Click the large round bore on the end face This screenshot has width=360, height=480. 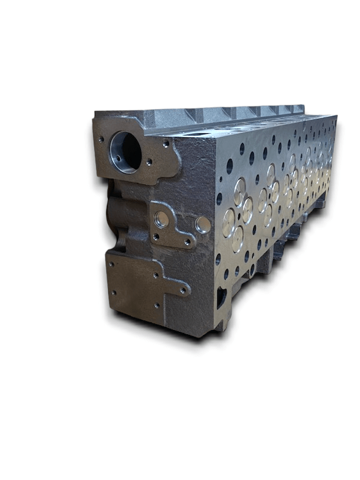pyautogui.click(x=127, y=152)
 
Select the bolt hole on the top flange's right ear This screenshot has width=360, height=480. pyautogui.click(x=166, y=144)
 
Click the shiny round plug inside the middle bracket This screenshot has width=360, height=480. pyautogui.click(x=161, y=220)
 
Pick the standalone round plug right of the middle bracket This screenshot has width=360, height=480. pyautogui.click(x=203, y=225)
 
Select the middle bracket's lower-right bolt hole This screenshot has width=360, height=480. pyautogui.click(x=187, y=242)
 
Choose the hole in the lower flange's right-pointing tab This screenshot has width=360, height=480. pyautogui.click(x=183, y=290)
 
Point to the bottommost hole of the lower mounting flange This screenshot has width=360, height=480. pyautogui.click(x=157, y=305)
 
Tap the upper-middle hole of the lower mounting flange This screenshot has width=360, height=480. pyautogui.click(x=155, y=275)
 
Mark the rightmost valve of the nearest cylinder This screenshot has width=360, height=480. pyautogui.click(x=247, y=210)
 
